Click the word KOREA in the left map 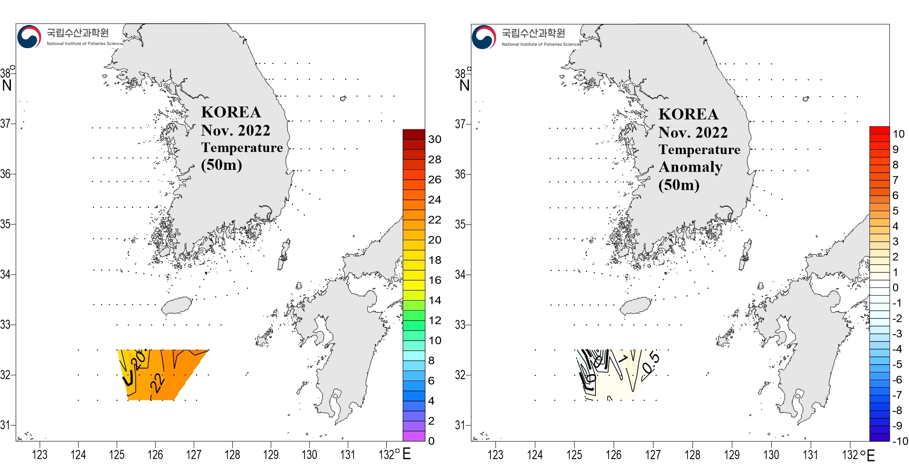[231, 112]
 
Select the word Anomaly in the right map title [690, 167]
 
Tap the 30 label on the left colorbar [435, 139]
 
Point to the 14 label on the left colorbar [435, 300]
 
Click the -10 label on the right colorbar [899, 441]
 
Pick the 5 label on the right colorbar [895, 211]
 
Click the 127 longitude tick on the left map [194, 455]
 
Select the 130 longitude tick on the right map [771, 455]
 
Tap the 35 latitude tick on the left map [5, 224]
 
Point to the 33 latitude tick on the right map [460, 325]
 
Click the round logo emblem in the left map [29, 37]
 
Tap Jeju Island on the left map [177, 306]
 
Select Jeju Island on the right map [635, 306]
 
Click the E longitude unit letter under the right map [871, 455]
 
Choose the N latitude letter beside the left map [7, 85]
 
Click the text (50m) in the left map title [221, 164]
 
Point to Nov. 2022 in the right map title [693, 133]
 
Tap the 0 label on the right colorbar [895, 287]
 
